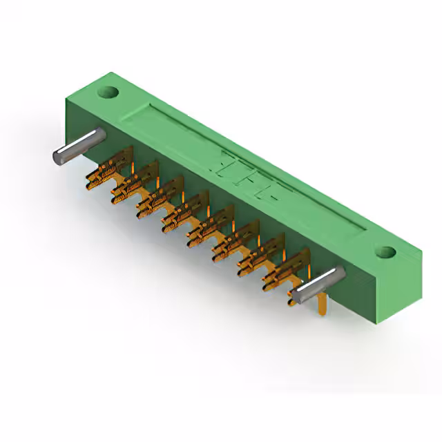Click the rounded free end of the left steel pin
59,155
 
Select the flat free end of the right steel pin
298,297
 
